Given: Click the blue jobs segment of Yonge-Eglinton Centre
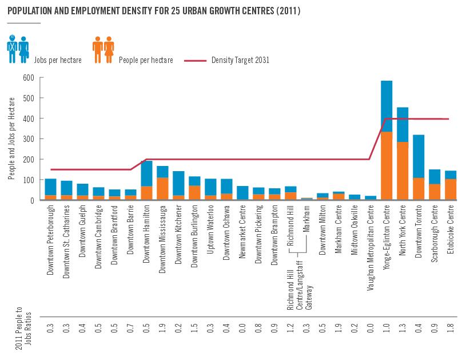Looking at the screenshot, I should coord(387,106).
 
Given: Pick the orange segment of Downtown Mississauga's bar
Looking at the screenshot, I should coord(162,188).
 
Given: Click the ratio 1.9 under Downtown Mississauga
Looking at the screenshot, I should coord(162,329).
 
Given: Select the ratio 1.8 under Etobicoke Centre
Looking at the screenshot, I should coord(451,329).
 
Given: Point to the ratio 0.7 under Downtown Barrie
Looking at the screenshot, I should coord(130,329).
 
